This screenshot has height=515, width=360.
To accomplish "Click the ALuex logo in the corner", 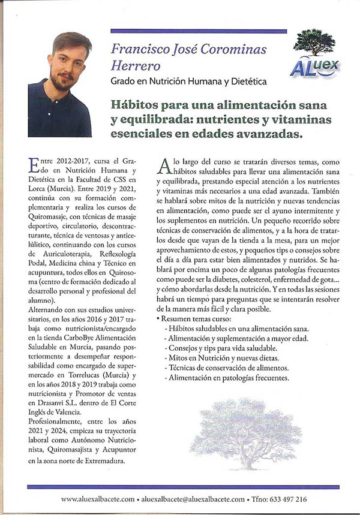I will coord(315,67).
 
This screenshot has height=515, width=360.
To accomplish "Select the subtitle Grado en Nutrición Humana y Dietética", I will coord(188,81).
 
